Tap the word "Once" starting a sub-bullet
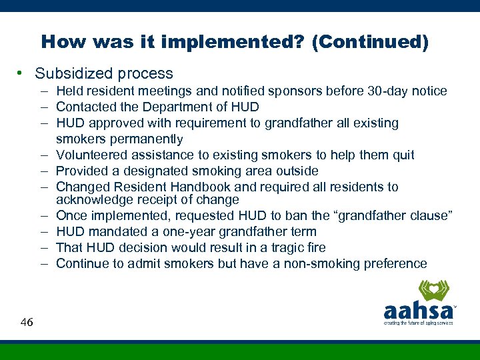[x=71, y=215]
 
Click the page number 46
[x=27, y=322]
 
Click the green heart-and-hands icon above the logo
[x=433, y=291]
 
